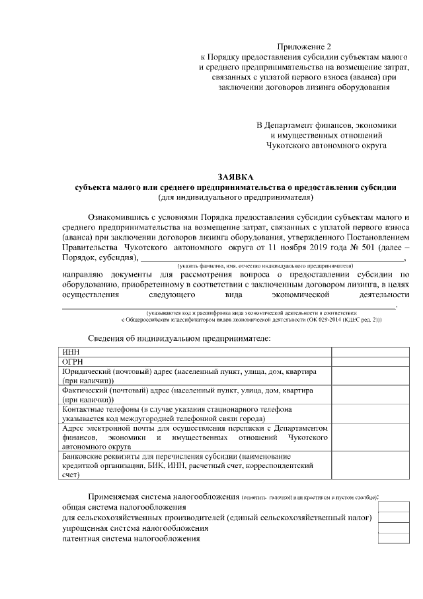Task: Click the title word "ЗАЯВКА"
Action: [x=235, y=178]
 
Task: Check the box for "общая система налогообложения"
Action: [x=393, y=507]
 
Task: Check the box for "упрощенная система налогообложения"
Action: [x=393, y=528]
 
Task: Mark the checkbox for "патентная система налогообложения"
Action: [x=393, y=539]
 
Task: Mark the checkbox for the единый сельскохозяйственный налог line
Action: [x=393, y=518]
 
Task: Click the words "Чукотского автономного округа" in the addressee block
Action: [x=327, y=144]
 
